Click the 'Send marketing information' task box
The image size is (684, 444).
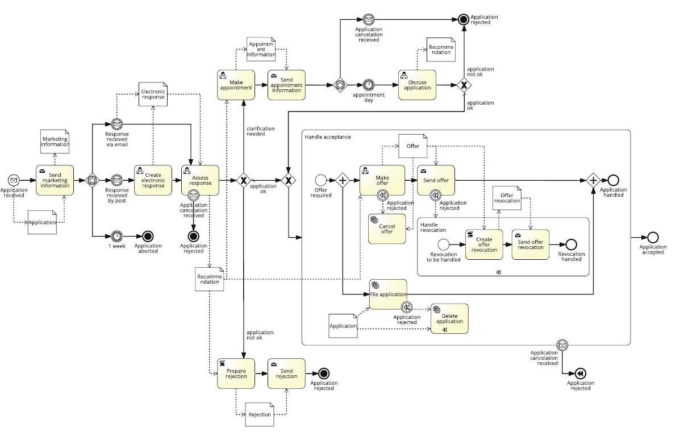point(55,180)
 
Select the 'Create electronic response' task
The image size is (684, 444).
point(153,180)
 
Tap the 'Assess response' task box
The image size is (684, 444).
point(200,180)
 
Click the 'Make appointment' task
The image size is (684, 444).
point(236,85)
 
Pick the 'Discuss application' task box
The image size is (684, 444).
point(417,85)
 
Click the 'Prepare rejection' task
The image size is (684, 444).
point(236,374)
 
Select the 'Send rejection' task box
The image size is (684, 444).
point(286,374)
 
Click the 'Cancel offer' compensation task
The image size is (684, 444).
point(387,229)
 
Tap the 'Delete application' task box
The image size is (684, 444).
point(449,318)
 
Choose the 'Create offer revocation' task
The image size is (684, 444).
point(484,244)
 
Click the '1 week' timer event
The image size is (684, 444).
point(116,235)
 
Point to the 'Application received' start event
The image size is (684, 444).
point(14,180)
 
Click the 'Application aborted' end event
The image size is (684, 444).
point(148,235)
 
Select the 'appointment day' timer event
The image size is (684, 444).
point(369,85)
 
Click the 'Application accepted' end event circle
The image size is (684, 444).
point(653,237)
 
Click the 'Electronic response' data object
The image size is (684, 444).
point(153,94)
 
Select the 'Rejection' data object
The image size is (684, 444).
point(260,414)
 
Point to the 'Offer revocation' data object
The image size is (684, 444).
point(507,198)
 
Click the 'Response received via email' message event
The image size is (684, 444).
point(116,123)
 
